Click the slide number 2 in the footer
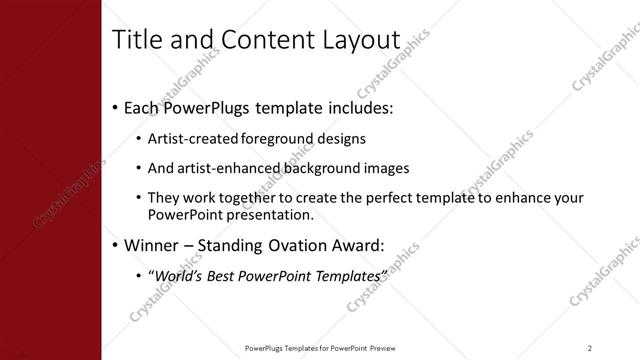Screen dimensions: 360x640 coord(589,347)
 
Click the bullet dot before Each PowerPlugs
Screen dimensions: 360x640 coord(116,106)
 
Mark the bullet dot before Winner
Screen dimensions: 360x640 coord(116,245)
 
